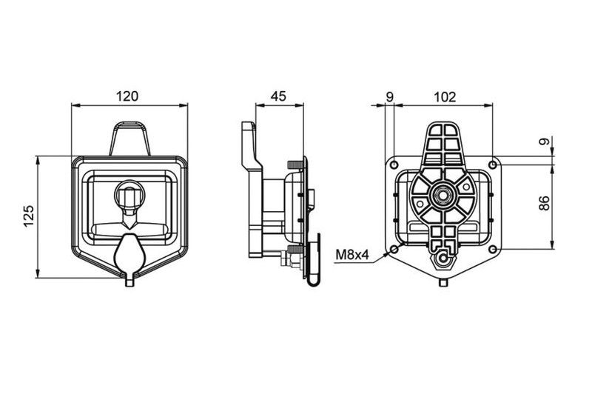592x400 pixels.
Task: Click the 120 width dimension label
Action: point(127,96)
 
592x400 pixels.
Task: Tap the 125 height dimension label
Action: point(29,216)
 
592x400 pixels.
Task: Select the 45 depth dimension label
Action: point(279,96)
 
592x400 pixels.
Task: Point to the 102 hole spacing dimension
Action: point(445,97)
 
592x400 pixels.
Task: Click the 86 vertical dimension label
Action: point(544,203)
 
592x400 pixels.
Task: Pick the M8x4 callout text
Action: point(352,255)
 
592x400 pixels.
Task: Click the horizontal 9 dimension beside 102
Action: point(390,97)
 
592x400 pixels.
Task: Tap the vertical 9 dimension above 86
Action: point(544,142)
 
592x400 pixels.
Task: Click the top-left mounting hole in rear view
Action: point(394,165)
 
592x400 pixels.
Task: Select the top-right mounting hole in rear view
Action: point(493,165)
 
